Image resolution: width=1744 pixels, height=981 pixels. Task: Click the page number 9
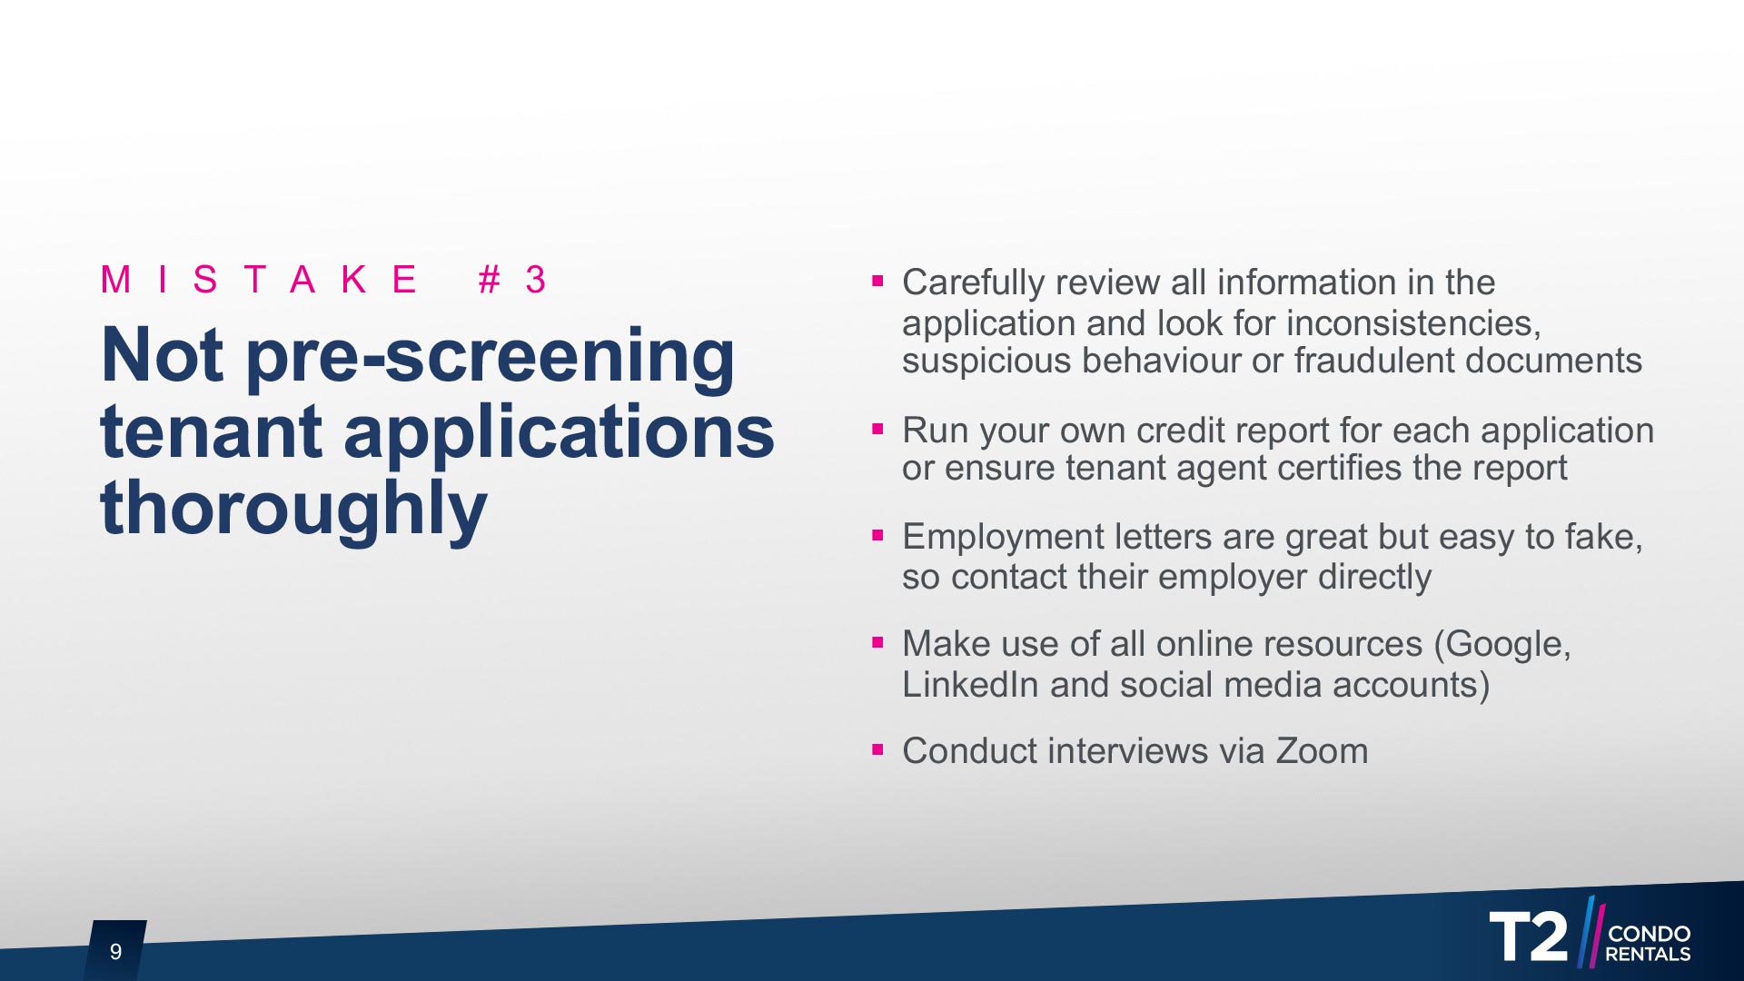pyautogui.click(x=115, y=951)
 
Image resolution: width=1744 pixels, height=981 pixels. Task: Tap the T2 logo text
pyautogui.click(x=1529, y=936)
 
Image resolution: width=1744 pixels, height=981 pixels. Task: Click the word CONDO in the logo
pyautogui.click(x=1649, y=934)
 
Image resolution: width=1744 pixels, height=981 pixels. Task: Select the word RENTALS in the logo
pyautogui.click(x=1648, y=955)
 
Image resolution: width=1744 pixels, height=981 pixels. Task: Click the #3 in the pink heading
pyautogui.click(x=512, y=280)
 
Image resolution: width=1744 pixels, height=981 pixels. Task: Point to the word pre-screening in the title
pyautogui.click(x=490, y=356)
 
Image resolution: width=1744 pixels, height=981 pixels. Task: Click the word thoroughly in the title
pyautogui.click(x=293, y=509)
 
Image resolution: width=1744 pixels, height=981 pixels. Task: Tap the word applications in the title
pyautogui.click(x=559, y=432)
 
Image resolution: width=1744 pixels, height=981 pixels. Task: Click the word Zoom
pyautogui.click(x=1322, y=751)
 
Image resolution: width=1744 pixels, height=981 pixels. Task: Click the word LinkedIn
pyautogui.click(x=970, y=685)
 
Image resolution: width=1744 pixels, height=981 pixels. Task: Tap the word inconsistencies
pyautogui.click(x=1413, y=323)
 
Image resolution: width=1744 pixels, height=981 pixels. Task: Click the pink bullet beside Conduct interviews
pyautogui.click(x=877, y=749)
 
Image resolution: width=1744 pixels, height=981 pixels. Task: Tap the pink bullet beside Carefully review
pyautogui.click(x=877, y=281)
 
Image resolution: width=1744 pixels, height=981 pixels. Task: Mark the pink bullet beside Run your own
pyautogui.click(x=877, y=429)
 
